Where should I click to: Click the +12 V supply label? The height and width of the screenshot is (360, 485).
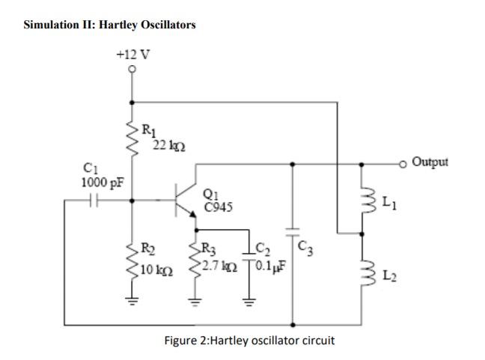pos(132,54)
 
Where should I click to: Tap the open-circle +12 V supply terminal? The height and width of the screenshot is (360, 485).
pos(133,70)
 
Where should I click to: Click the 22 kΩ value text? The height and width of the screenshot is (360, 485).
pos(165,144)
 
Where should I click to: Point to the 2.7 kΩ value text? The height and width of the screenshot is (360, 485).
pos(221,266)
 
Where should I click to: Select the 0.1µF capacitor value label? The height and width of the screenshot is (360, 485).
pos(269,266)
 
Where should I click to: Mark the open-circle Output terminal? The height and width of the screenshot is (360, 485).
pos(405,162)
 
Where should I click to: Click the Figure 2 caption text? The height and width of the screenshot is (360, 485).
pos(249,340)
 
